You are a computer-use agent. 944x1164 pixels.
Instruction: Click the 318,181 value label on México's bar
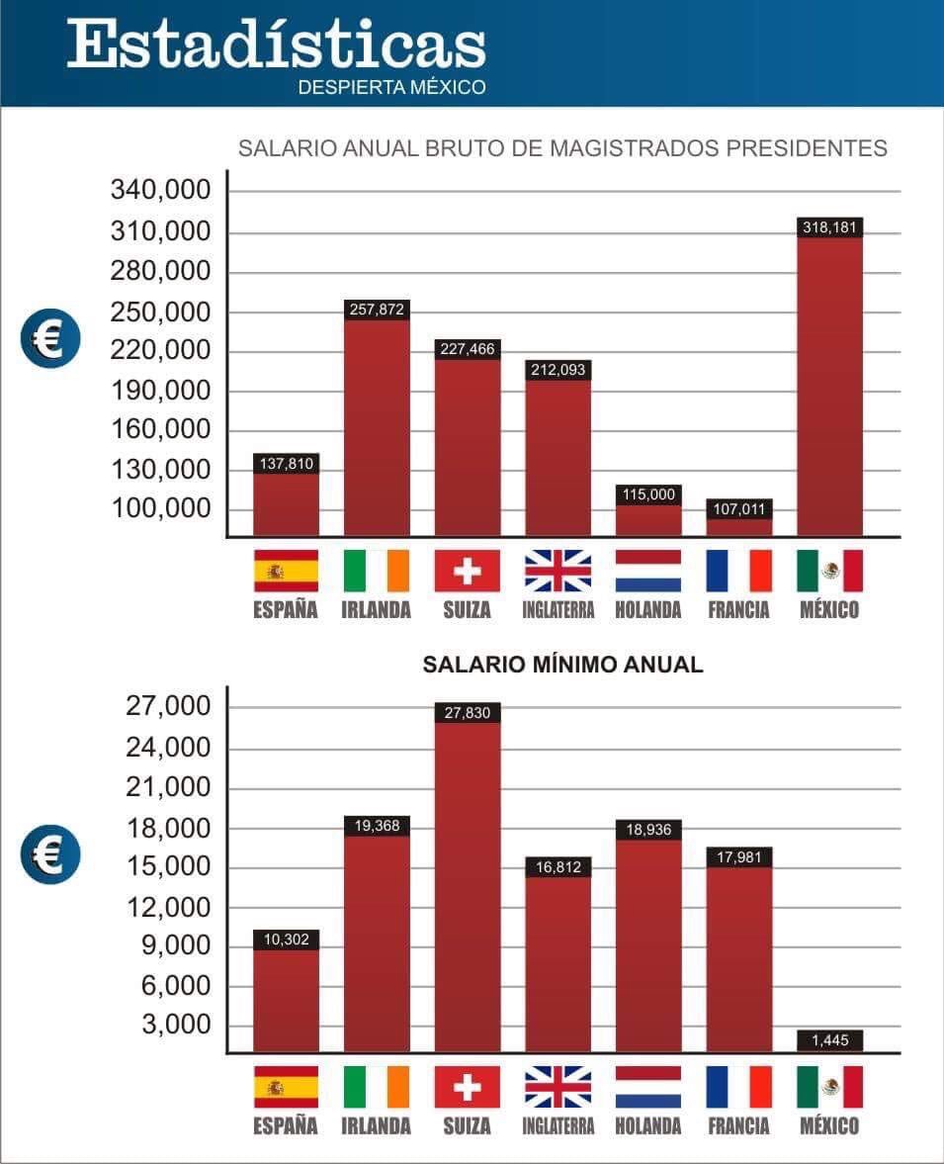coord(829,227)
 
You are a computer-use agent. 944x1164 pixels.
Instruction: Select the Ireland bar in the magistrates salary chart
coord(377,425)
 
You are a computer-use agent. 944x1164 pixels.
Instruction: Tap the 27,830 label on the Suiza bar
coord(468,712)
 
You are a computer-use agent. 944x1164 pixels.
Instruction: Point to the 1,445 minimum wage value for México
coord(829,1040)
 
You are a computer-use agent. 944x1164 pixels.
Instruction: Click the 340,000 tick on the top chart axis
coord(162,190)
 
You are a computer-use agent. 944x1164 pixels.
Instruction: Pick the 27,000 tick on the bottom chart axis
coord(169,707)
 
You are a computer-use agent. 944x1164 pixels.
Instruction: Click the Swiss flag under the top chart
coord(468,571)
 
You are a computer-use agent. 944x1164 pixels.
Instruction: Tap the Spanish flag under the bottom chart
coord(286,1087)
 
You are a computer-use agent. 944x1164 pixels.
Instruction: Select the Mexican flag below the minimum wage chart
coord(829,1087)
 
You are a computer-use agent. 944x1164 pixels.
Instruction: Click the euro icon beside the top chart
coord(49,339)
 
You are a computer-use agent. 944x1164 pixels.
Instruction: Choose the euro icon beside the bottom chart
coord(49,853)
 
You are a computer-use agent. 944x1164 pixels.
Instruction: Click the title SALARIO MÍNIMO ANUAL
coord(562,665)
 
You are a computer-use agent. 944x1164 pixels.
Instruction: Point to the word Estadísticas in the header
coord(277,45)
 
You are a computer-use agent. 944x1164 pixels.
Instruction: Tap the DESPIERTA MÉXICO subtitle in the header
coord(391,87)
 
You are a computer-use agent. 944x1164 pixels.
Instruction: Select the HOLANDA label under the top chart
coord(648,609)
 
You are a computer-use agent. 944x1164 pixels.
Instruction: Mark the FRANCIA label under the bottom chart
coord(738,1125)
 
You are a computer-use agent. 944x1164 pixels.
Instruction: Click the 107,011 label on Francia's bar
coord(738,508)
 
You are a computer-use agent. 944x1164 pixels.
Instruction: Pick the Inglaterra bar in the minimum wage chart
coord(558,964)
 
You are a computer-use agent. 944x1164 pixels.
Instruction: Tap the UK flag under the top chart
coord(558,571)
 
